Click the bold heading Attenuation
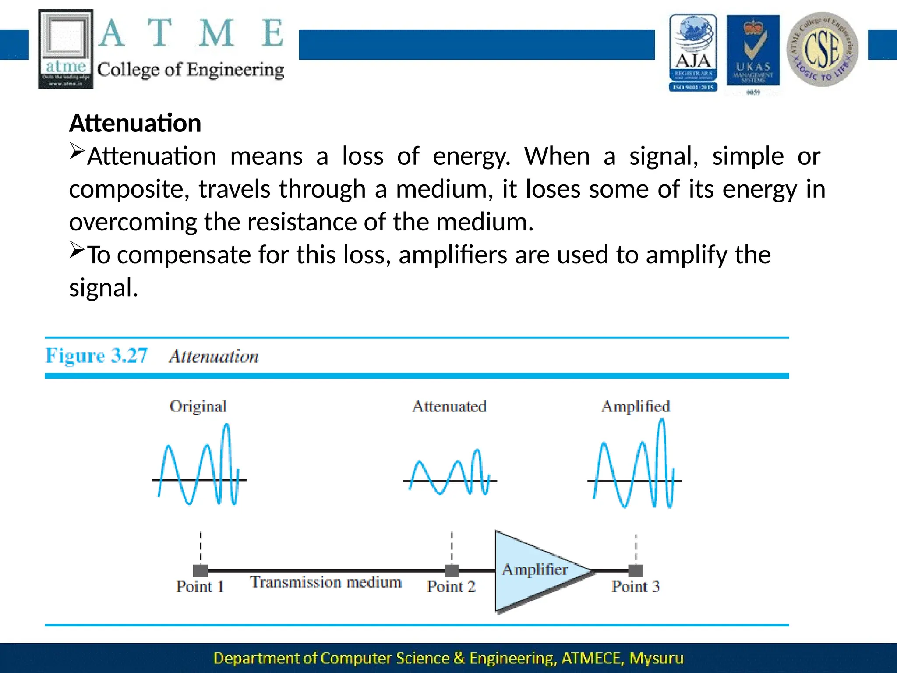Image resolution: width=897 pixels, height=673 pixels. click(x=135, y=123)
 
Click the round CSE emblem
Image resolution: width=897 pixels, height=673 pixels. click(x=822, y=49)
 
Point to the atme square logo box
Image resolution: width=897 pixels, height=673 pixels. click(x=66, y=49)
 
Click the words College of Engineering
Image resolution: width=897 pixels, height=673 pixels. click(x=191, y=70)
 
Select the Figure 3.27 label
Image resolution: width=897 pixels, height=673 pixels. click(x=96, y=355)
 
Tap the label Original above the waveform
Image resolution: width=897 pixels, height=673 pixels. click(x=198, y=406)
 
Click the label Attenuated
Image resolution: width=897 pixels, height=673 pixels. click(x=449, y=406)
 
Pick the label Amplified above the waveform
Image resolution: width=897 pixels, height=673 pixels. click(x=636, y=406)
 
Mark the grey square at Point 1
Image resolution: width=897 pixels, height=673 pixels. click(x=201, y=570)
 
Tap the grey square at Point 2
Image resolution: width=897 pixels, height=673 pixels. click(x=452, y=570)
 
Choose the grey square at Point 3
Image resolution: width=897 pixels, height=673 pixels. click(x=636, y=570)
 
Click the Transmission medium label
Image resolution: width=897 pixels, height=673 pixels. click(x=326, y=582)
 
